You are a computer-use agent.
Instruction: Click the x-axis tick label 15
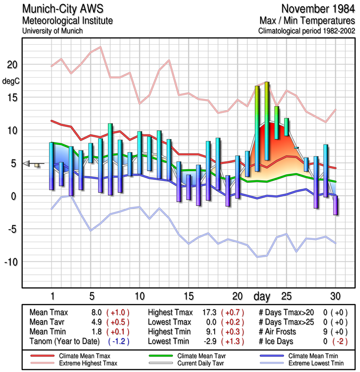point(188,296)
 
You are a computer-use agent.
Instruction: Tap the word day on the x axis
point(262,296)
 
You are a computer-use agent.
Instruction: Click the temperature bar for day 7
point(110,159)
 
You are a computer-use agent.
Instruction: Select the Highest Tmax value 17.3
point(209,312)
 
